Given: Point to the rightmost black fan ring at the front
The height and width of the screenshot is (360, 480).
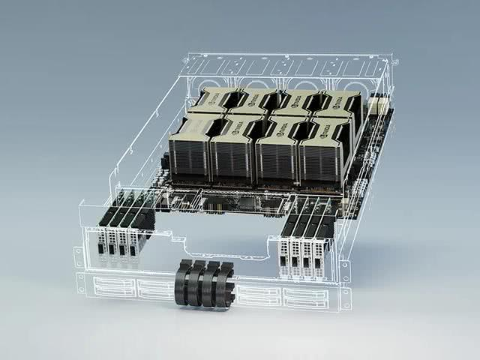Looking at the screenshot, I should [224, 286].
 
